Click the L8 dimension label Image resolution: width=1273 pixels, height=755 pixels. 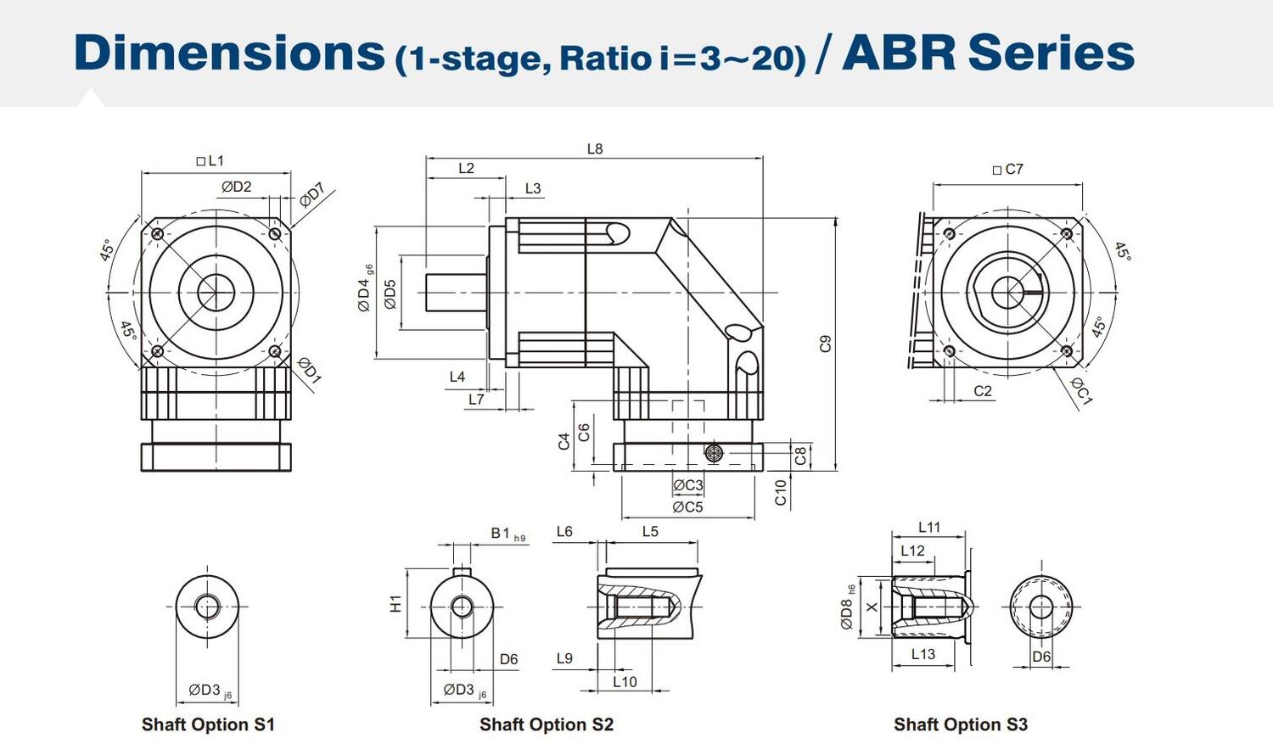click(595, 148)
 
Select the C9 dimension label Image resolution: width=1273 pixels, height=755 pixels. click(825, 344)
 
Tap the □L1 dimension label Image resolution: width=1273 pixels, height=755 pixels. click(210, 160)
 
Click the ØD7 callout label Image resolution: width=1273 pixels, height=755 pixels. click(311, 194)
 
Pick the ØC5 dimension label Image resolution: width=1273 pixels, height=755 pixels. click(687, 507)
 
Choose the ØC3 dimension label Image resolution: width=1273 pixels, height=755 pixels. click(687, 485)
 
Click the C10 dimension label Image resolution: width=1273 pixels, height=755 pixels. click(782, 492)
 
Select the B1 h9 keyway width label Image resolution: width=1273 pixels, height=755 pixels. click(508, 534)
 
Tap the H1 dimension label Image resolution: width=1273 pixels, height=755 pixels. click(395, 603)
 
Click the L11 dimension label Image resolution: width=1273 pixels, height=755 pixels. click(929, 528)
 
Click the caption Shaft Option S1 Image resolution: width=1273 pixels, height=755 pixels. click(208, 724)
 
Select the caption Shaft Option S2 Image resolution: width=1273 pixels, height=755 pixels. click(546, 724)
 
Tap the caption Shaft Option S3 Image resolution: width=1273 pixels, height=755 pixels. click(960, 724)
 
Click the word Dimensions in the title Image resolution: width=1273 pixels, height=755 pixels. click(229, 52)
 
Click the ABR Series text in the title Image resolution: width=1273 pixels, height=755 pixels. click(988, 52)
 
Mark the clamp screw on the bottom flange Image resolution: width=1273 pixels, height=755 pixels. click(714, 453)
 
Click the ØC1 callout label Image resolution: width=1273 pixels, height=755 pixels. click(1080, 390)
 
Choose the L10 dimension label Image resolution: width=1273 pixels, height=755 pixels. click(625, 681)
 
